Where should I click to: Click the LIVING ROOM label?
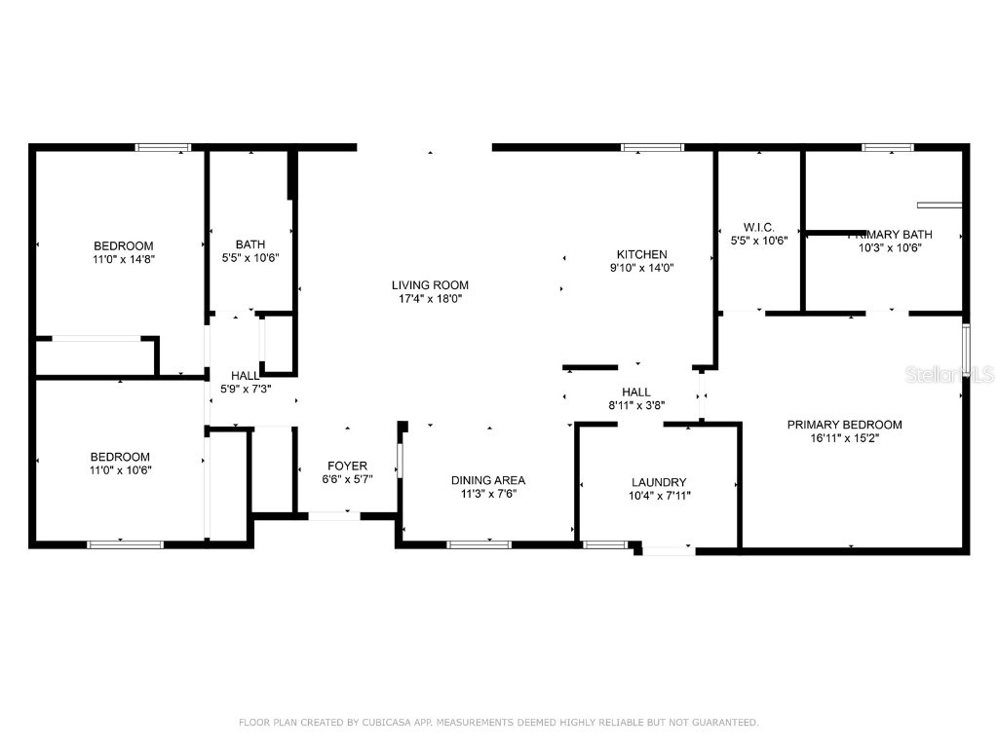pos(430,285)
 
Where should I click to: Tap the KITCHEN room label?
pos(641,254)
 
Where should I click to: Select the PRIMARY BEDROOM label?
pos(844,425)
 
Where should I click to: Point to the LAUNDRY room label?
pos(659,482)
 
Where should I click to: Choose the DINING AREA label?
pos(487,480)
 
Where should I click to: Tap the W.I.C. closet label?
pos(758,227)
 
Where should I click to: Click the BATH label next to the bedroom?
pos(250,244)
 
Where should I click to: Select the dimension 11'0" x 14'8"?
pos(123,259)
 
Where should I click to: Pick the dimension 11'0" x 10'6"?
pos(120,469)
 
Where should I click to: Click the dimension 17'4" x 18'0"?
pos(430,299)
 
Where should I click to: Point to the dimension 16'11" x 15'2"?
pos(844,438)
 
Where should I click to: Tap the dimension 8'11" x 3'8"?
pos(635,405)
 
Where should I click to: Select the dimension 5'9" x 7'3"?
pos(245,389)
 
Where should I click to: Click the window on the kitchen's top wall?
pos(653,148)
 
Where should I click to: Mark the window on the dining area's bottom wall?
pos(479,543)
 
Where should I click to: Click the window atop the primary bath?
pos(887,148)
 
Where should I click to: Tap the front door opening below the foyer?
pos(333,515)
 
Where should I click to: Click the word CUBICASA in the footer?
pos(386,723)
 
